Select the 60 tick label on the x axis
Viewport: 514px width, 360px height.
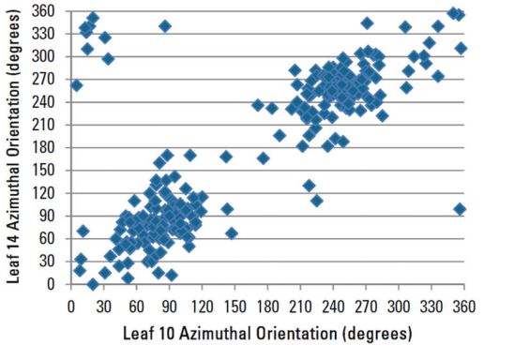(x=136, y=305)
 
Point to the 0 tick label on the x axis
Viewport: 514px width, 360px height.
(x=70, y=305)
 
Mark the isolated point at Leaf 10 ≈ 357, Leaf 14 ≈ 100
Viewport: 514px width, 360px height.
(x=460, y=209)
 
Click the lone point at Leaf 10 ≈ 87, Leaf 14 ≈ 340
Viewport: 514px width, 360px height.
(x=165, y=26)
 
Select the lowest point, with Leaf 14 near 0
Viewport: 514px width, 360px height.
(x=93, y=284)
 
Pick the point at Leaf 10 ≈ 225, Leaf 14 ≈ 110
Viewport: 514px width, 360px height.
(x=317, y=201)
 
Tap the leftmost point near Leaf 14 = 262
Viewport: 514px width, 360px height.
(x=77, y=85)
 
